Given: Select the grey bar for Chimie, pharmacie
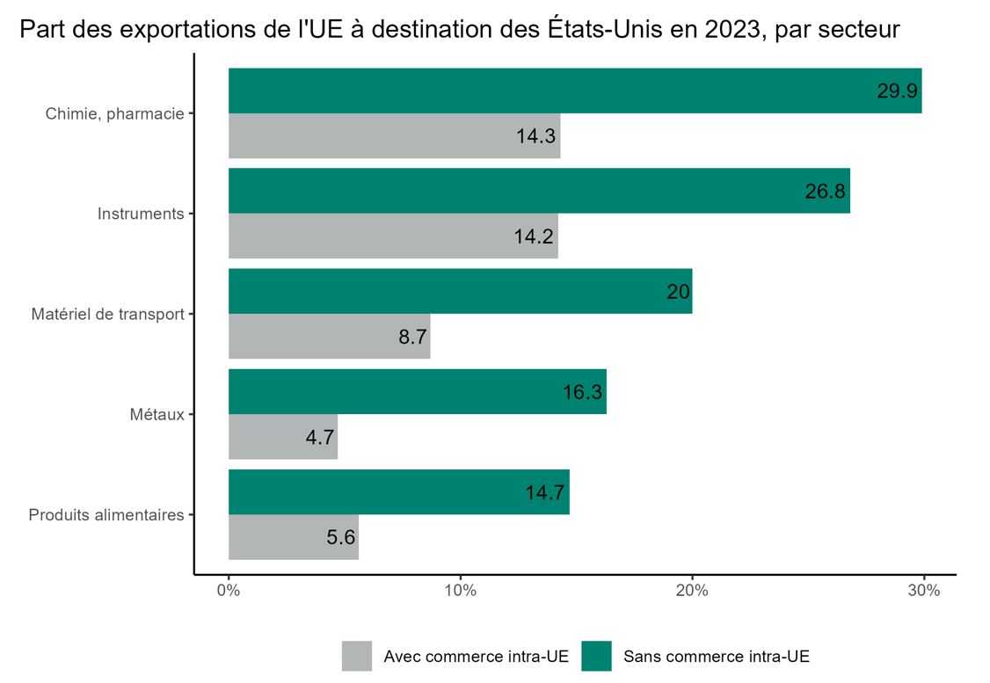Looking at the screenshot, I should point(394,136).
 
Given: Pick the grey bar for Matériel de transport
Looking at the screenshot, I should point(329,337).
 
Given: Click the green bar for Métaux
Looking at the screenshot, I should point(417,391).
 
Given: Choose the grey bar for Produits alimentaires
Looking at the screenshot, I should point(293,537).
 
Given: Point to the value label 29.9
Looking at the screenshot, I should point(898,91).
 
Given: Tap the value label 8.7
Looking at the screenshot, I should point(412,337).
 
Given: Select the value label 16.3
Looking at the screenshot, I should point(582,392).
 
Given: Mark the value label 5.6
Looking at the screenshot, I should point(340,537).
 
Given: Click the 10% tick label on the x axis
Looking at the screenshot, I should point(460,591).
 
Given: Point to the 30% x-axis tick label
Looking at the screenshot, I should point(923,591).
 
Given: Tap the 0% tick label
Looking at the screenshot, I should point(229,591).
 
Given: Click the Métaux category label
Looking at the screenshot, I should point(156,414).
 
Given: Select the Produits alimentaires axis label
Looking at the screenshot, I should point(106,515).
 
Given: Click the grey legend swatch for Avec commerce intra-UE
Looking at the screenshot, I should point(357,656).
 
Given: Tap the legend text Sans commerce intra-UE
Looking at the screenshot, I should point(716,656).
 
